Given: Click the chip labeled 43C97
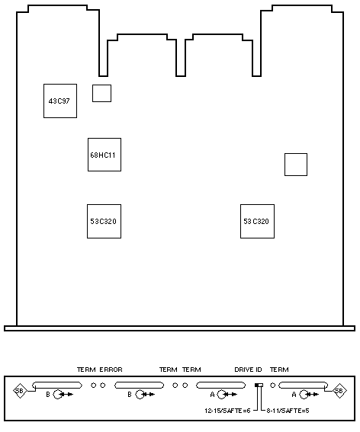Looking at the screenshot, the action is click(x=60, y=101).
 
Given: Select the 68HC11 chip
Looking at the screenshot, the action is click(x=104, y=155).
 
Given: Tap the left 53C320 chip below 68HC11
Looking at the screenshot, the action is click(x=104, y=221).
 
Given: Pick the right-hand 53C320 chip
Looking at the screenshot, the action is click(x=257, y=221).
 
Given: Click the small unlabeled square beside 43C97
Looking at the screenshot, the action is click(x=101, y=93).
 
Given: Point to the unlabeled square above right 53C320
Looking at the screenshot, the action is click(x=296, y=165).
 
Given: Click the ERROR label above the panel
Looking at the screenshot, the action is click(x=111, y=370).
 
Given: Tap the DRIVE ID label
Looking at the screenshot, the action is click(x=248, y=370).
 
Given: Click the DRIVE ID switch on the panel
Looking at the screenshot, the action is click(x=259, y=386).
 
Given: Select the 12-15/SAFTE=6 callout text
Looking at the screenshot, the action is click(x=227, y=411).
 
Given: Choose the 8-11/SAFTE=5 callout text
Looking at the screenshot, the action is click(x=288, y=411).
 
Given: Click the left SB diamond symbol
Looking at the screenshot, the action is click(x=20, y=391).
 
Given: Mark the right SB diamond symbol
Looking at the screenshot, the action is click(x=339, y=391).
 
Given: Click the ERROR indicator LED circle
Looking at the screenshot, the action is click(x=103, y=386).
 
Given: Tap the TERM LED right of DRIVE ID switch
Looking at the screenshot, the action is click(x=272, y=386).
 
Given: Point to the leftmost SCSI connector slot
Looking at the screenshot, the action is click(x=57, y=386).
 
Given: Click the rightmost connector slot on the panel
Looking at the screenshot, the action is click(x=303, y=386).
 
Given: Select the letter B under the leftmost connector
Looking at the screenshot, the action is click(x=48, y=395).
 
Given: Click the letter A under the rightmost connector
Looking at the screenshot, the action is click(x=294, y=395).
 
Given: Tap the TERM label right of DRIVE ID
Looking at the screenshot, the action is click(x=279, y=370).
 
